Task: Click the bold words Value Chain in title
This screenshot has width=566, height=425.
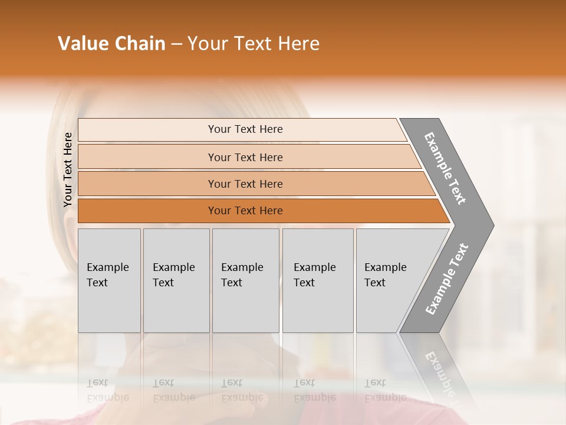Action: click(x=111, y=44)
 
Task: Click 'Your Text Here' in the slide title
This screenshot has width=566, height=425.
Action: click(x=254, y=44)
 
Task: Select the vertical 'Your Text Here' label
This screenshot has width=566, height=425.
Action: click(x=68, y=170)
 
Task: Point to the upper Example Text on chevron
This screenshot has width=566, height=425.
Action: click(x=445, y=169)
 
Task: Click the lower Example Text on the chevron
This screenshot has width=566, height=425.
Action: click(x=447, y=279)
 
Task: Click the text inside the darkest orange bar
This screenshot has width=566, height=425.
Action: click(x=245, y=211)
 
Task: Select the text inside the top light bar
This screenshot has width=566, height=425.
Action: click(x=245, y=129)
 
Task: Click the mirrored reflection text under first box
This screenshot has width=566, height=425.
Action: click(x=107, y=390)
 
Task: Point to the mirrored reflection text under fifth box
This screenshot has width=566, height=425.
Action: click(x=385, y=390)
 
